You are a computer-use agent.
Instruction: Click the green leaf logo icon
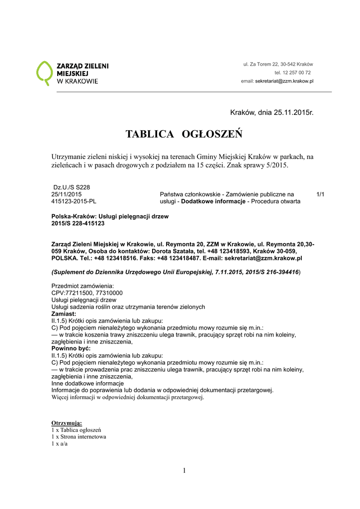click(44, 73)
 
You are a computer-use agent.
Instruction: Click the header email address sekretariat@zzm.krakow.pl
click(284, 81)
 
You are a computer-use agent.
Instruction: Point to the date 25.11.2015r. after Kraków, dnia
click(293, 113)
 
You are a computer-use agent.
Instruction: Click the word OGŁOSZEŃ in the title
click(212, 134)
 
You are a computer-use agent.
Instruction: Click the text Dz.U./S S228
click(72, 187)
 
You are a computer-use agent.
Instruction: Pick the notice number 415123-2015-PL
click(74, 201)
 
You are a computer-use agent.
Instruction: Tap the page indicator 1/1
click(320, 194)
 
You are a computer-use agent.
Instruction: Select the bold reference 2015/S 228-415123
click(78, 224)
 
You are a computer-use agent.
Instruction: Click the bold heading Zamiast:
click(64, 314)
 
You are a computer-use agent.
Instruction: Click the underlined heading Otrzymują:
click(67, 423)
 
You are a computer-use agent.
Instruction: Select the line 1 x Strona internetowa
click(79, 437)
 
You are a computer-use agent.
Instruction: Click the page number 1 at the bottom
click(184, 471)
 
